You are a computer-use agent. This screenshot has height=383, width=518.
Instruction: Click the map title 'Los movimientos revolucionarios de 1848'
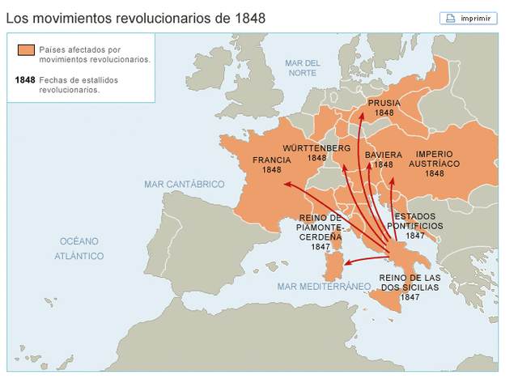(x=136, y=17)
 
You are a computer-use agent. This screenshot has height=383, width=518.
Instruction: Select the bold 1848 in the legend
(x=25, y=80)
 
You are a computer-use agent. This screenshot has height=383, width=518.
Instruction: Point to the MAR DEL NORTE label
(x=304, y=68)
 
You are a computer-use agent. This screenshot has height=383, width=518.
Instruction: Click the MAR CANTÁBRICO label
(x=184, y=185)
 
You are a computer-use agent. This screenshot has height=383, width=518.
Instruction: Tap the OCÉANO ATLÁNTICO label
(x=79, y=249)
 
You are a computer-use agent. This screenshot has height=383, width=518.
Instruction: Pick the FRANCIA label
(x=271, y=160)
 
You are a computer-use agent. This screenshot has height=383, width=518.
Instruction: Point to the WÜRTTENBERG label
(x=316, y=149)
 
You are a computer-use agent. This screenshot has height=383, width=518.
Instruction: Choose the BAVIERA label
(x=383, y=154)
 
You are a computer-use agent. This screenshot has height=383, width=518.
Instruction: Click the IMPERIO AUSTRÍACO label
(x=434, y=158)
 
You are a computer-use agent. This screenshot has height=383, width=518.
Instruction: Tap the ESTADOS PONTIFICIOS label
(x=415, y=221)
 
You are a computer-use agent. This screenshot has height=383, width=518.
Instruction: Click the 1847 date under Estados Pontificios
(x=415, y=236)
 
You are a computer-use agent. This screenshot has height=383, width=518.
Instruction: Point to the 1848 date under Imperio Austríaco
(x=434, y=173)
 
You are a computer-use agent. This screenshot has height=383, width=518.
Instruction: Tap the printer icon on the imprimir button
(x=450, y=18)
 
